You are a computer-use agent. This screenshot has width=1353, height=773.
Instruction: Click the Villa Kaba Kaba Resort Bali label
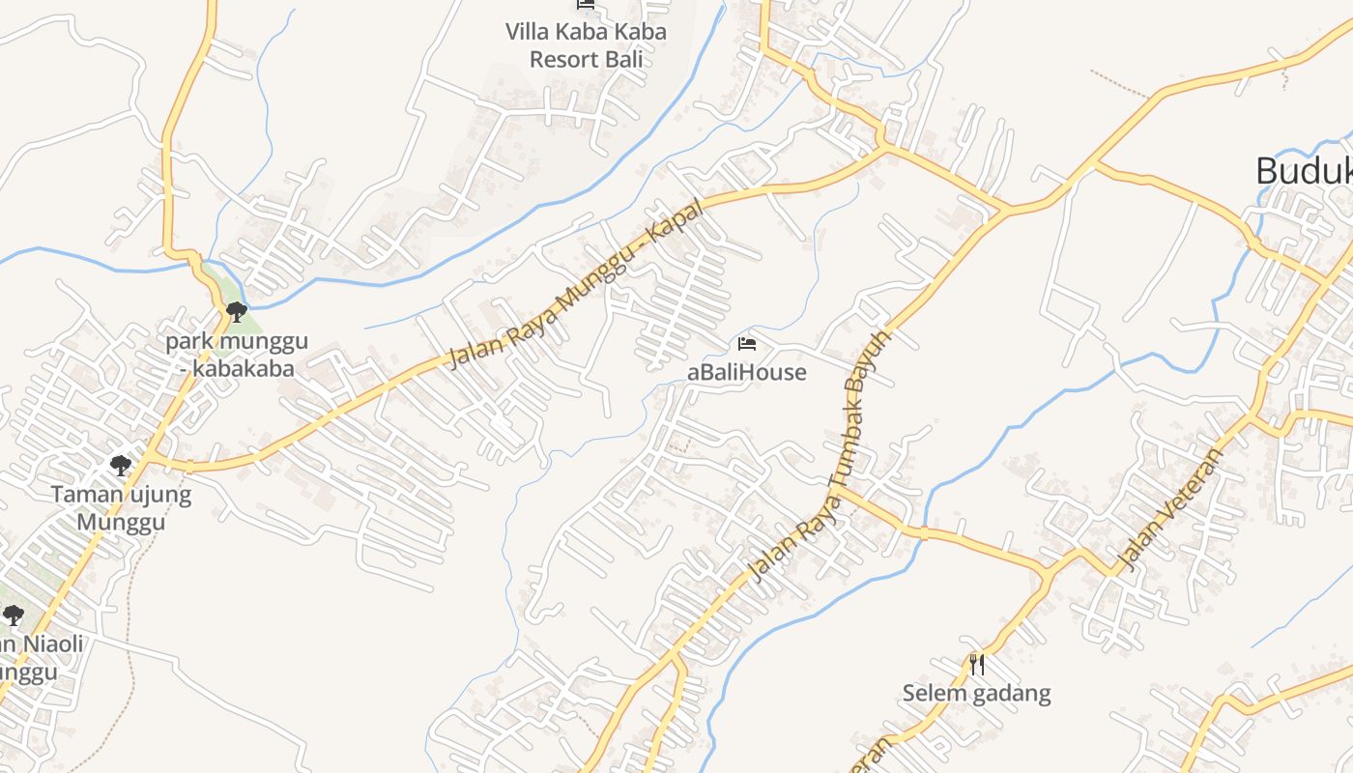pos(586,44)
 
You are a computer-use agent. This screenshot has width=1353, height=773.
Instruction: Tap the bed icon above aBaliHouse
pos(747,343)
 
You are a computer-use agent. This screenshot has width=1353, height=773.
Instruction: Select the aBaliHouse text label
pos(746,372)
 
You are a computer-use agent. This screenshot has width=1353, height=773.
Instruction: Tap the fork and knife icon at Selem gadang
pos(977,664)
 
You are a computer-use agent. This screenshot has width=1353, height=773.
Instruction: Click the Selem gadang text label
pos(976,693)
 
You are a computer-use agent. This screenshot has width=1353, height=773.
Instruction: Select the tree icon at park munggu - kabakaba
pos(236,311)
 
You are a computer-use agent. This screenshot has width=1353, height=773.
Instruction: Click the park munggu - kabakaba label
pos(237,355)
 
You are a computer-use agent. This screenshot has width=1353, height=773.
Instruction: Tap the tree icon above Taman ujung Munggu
pos(121,466)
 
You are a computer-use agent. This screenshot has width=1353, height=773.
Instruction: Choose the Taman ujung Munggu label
pos(122,509)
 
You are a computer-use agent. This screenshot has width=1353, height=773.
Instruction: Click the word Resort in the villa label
pos(565,59)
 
